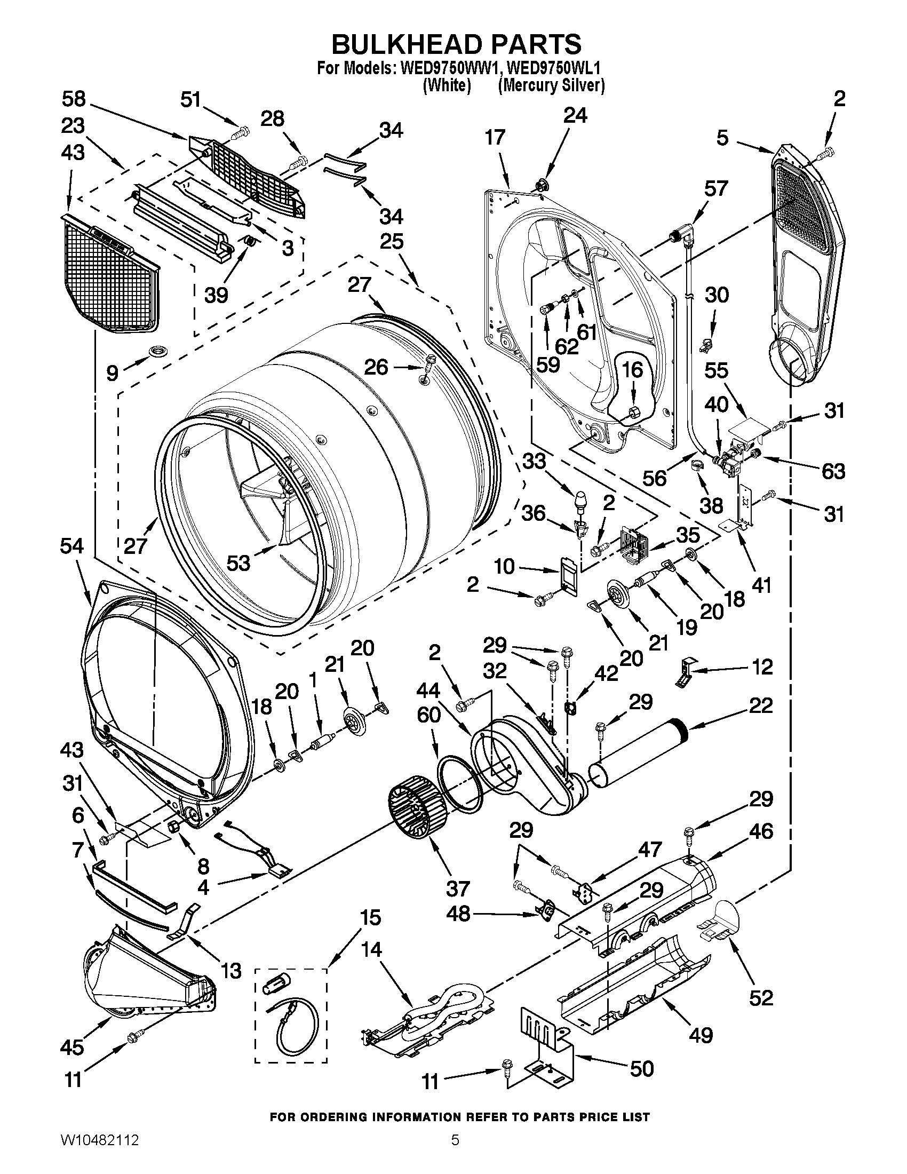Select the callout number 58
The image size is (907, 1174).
click(x=74, y=99)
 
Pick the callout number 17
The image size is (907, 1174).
click(x=495, y=138)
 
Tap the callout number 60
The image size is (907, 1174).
click(x=428, y=715)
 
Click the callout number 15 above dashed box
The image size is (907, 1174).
click(x=370, y=918)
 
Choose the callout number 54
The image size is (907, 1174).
click(x=73, y=546)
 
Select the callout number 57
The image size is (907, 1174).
click(x=715, y=189)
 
